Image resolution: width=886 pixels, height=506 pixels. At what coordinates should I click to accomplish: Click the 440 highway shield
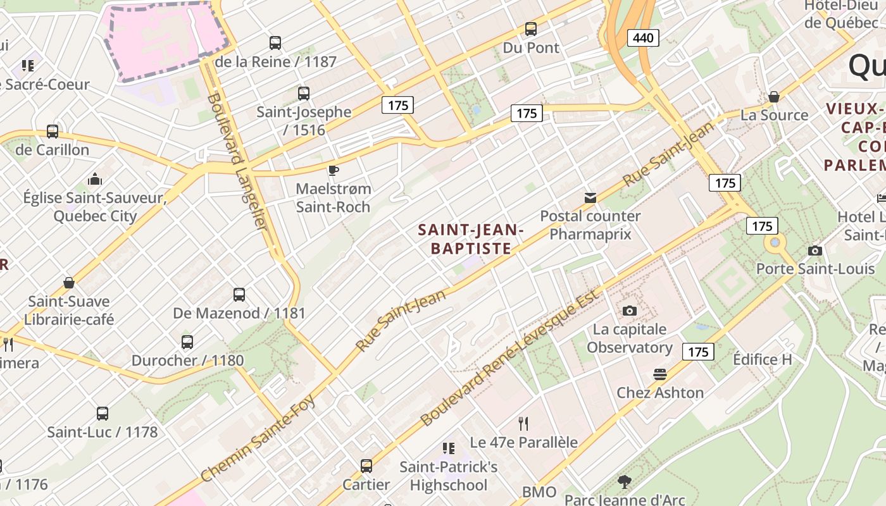[x=643, y=38]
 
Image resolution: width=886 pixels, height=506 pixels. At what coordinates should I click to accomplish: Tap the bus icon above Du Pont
[x=531, y=29]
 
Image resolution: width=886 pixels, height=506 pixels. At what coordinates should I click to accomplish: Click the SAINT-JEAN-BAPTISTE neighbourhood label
[x=471, y=239]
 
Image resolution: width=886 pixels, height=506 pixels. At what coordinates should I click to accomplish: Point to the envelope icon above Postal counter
[x=590, y=198]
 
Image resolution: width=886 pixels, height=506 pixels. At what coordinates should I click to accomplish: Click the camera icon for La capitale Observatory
[x=629, y=311]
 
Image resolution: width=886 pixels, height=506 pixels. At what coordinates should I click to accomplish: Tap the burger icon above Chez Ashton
[x=660, y=374]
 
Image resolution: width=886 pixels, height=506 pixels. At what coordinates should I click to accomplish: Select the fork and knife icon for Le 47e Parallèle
[x=523, y=423]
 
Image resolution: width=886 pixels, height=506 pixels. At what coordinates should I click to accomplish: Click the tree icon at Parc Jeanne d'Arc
[x=625, y=482]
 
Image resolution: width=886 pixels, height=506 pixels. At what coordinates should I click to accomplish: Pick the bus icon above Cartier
[x=366, y=466]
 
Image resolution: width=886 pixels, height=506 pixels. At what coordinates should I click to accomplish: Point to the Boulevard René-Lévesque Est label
[x=509, y=358]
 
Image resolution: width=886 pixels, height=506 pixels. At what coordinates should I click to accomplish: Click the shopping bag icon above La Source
[x=773, y=97]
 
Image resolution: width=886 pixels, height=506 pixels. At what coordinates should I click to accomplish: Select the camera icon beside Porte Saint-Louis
[x=815, y=250]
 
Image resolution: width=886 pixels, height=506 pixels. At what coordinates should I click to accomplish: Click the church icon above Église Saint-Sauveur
[x=95, y=179]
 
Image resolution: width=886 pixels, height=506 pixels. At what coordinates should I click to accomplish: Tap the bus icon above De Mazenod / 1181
[x=239, y=294]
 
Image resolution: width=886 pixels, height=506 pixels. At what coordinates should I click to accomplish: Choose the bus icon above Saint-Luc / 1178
[x=103, y=414]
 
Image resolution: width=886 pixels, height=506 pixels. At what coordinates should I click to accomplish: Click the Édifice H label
[x=762, y=359]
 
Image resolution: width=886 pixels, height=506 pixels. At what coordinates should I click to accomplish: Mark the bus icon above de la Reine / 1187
[x=275, y=43]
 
